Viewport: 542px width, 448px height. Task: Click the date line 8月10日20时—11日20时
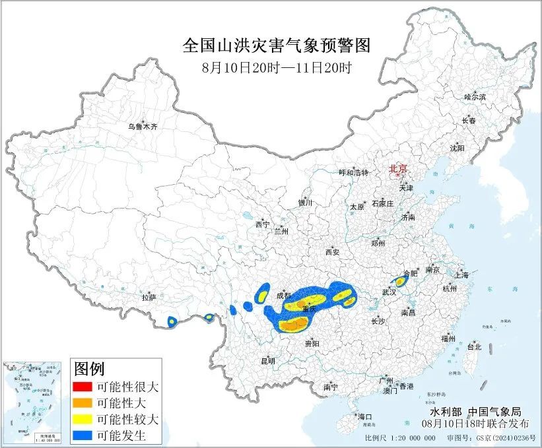click(x=276, y=67)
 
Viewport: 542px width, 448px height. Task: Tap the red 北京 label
click(x=398, y=169)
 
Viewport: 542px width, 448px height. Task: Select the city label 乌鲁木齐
click(x=143, y=126)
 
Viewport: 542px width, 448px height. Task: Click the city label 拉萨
click(x=149, y=298)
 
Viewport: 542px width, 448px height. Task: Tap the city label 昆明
click(x=267, y=361)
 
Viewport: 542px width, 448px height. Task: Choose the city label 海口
click(x=364, y=417)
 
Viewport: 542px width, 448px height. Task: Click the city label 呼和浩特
click(x=353, y=172)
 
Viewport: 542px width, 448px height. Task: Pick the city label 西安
click(x=331, y=252)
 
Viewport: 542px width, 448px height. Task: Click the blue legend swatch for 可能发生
click(x=83, y=435)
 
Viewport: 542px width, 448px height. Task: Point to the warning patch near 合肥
click(x=400, y=282)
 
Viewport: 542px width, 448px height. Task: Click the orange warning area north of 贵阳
click(x=294, y=323)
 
